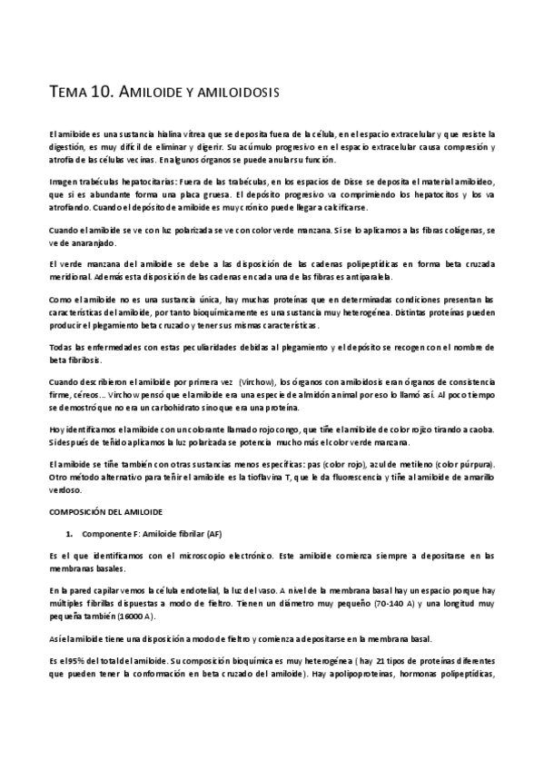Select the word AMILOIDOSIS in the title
pos(232,93)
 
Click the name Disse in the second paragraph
pos(315,182)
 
